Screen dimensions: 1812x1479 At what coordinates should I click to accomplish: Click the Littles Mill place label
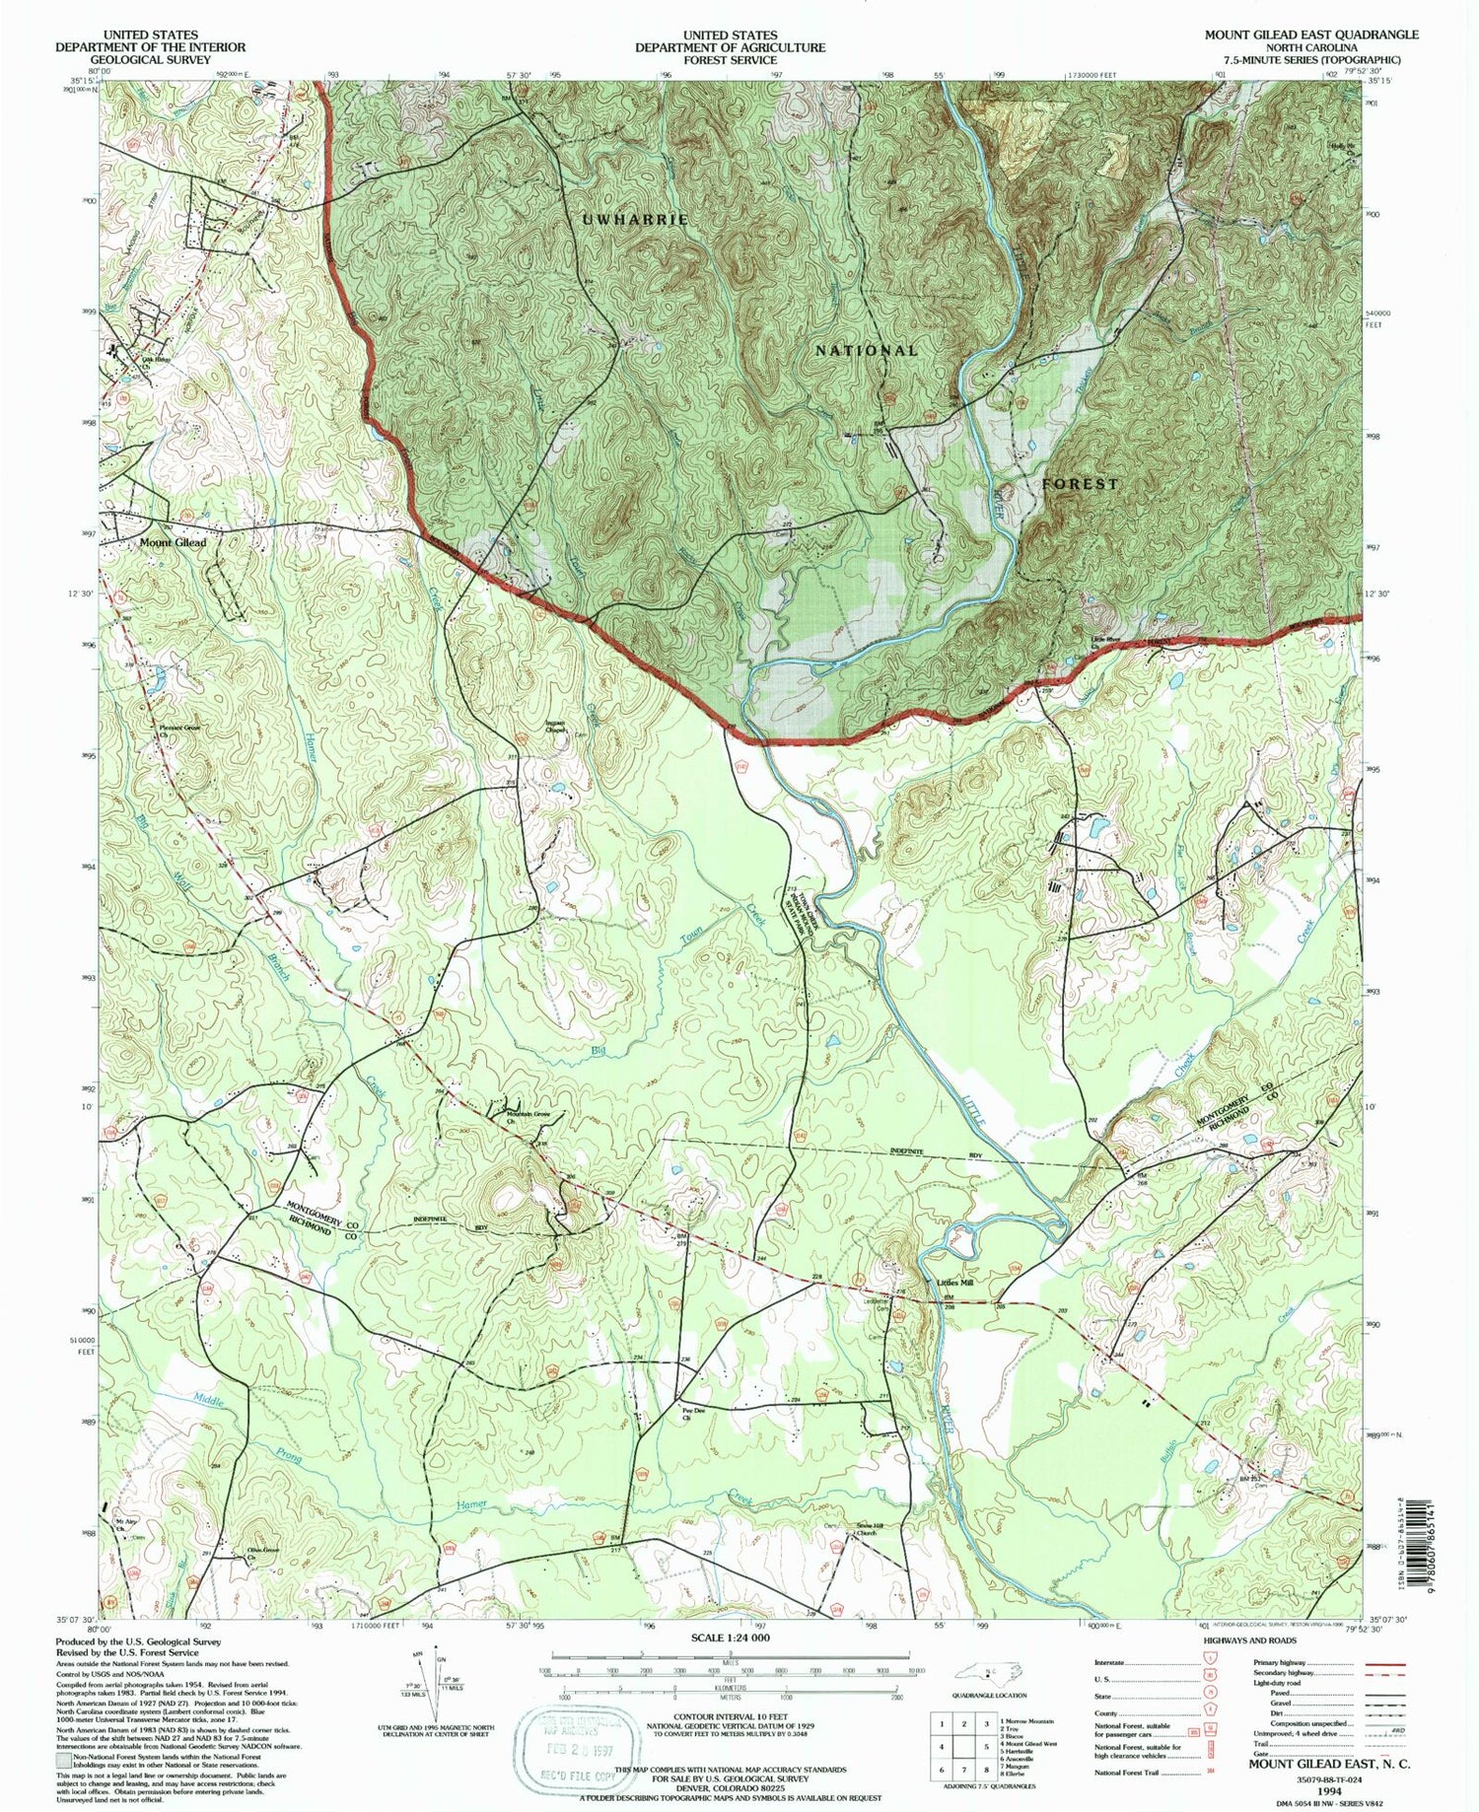(952, 1283)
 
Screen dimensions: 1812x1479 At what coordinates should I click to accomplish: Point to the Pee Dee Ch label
(695, 1413)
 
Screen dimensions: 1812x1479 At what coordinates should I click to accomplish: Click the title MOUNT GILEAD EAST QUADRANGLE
(1310, 35)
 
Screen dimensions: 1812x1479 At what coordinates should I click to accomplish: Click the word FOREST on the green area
(1081, 484)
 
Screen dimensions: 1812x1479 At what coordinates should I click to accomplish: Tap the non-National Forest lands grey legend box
(62, 1758)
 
